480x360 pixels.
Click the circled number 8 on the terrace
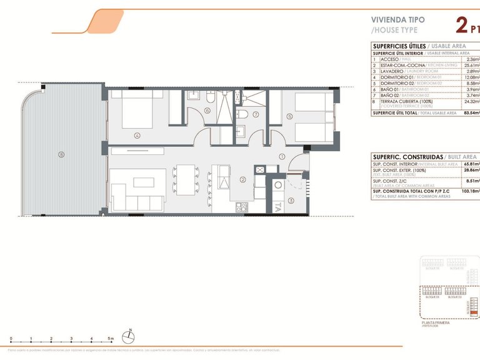61,154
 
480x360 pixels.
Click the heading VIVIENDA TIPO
397,19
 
